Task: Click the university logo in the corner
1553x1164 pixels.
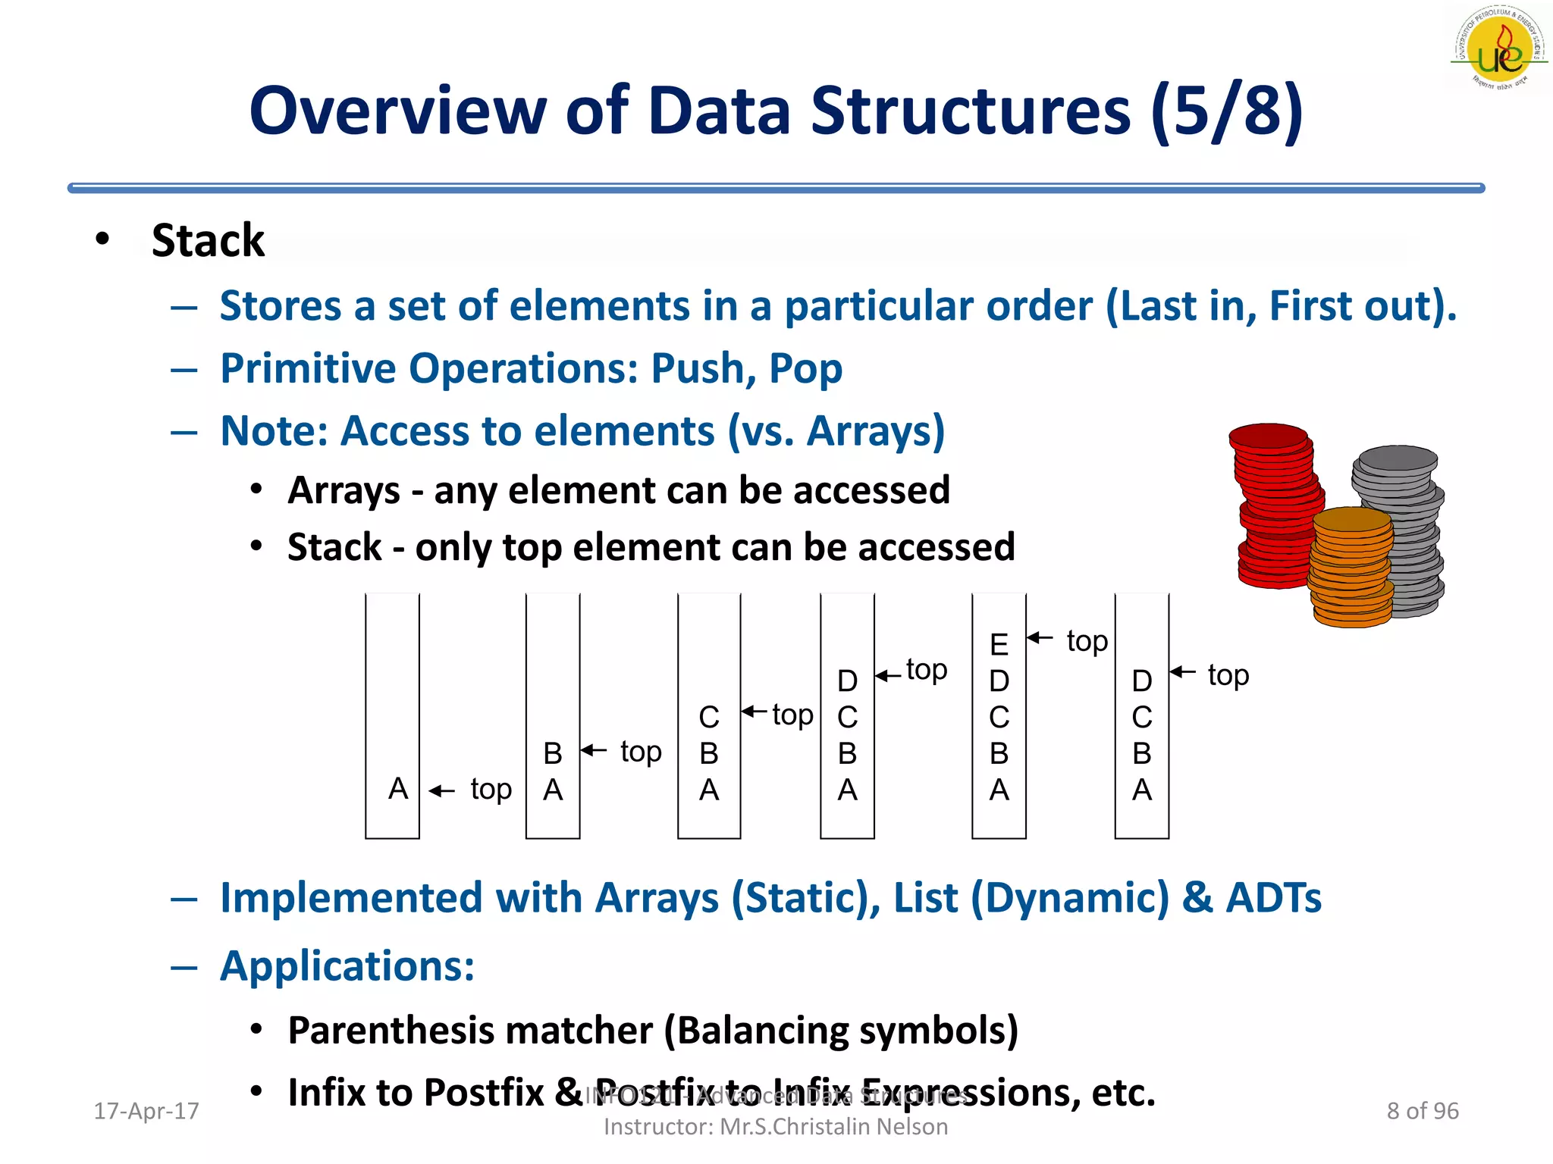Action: click(x=1499, y=49)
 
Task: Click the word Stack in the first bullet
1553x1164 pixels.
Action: click(x=208, y=241)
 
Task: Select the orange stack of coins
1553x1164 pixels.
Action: click(x=1351, y=567)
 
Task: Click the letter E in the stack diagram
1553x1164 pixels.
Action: click(x=999, y=645)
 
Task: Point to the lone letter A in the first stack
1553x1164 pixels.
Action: click(x=398, y=789)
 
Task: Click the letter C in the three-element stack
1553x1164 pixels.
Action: click(x=708, y=717)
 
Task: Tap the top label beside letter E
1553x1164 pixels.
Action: click(x=1087, y=641)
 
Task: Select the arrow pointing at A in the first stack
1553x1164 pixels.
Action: click(x=442, y=791)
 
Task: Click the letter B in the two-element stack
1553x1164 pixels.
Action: click(x=553, y=753)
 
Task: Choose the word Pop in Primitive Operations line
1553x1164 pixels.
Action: click(x=805, y=369)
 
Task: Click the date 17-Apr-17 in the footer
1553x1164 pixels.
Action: click(x=146, y=1111)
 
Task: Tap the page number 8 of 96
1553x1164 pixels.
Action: click(x=1422, y=1111)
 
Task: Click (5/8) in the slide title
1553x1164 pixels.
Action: click(x=1226, y=111)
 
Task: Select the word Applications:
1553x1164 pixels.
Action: click(x=347, y=966)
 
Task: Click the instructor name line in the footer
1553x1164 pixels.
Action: click(x=775, y=1127)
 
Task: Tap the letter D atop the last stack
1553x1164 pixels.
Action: click(x=1141, y=681)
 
